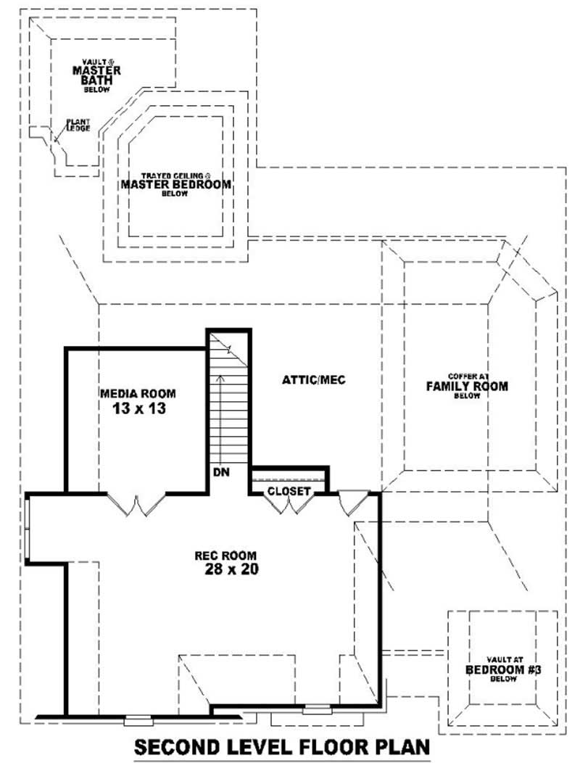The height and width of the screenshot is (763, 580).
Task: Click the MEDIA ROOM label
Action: coord(138,393)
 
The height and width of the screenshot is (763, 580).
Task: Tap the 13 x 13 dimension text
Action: coord(139,408)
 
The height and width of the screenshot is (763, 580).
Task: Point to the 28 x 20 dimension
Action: coord(231,570)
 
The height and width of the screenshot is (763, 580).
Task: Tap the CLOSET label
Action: coord(289,491)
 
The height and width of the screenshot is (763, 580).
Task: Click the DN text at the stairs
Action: coord(222,472)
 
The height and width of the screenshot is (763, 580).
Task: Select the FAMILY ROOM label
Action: coord(466,386)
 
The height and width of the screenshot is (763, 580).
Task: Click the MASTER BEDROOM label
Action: coord(175,184)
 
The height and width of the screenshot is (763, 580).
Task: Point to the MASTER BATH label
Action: coord(96,75)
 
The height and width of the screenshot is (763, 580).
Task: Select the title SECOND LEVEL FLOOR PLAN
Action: coord(283,746)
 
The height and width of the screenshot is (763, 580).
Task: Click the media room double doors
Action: coord(137,504)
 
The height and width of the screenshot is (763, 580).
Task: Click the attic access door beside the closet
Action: coord(354,502)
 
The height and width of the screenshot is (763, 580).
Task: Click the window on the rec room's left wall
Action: coord(27,528)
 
